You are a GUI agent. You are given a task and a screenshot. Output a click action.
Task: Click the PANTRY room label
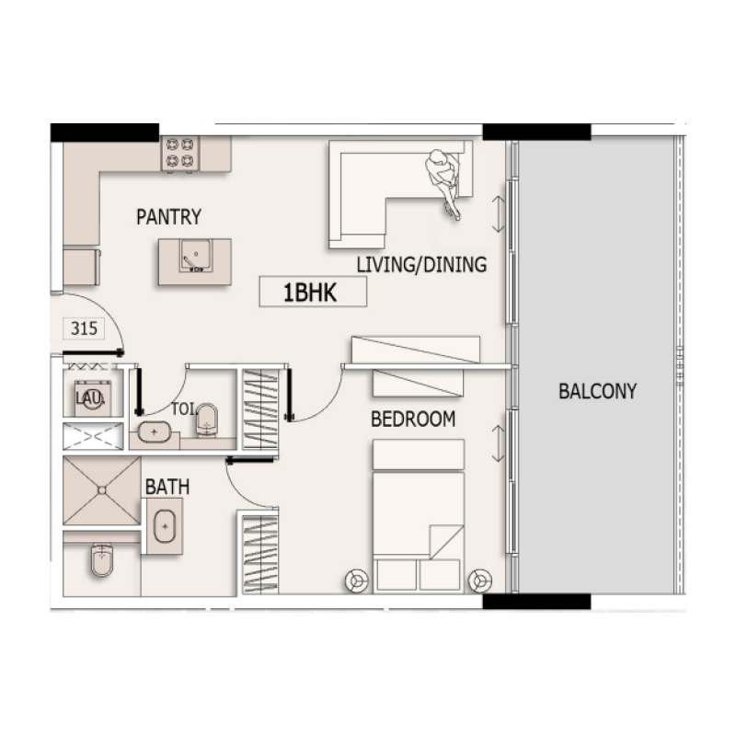(168, 217)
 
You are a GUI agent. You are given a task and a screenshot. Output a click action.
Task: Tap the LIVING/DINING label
(420, 266)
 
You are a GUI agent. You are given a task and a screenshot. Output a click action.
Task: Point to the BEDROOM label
(413, 420)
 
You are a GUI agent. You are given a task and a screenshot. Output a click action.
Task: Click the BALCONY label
(597, 391)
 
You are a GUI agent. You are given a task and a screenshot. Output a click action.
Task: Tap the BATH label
(167, 486)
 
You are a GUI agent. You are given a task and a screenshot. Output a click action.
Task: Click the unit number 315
(83, 328)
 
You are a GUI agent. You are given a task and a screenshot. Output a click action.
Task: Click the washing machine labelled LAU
(93, 397)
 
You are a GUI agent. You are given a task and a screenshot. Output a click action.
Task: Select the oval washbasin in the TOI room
(153, 430)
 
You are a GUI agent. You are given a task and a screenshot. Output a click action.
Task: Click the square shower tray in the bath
(101, 490)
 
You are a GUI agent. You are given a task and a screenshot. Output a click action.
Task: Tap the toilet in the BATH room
(102, 560)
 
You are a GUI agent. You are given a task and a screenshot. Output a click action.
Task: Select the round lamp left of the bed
(356, 581)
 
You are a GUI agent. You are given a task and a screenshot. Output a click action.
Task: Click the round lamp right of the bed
(478, 581)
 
